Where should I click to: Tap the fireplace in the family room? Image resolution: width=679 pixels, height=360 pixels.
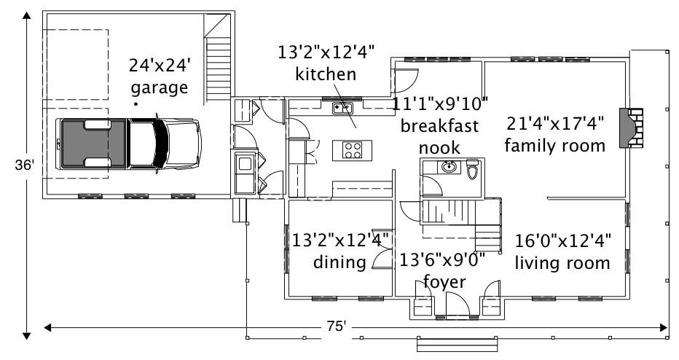click(x=632, y=128)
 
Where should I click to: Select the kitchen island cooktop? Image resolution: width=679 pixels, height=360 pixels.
click(x=353, y=150)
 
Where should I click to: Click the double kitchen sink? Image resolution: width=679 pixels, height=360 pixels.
click(x=343, y=109)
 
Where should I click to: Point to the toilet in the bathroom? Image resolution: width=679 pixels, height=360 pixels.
click(x=472, y=169)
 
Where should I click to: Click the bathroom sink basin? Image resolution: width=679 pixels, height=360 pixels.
click(x=449, y=167)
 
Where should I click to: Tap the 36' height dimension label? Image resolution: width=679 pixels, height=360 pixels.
click(x=25, y=165)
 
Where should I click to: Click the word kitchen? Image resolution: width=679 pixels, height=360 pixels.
click(x=326, y=74)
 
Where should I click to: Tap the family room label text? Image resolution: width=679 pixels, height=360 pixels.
click(x=555, y=146)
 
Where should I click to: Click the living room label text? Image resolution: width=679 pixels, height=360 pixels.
click(x=562, y=262)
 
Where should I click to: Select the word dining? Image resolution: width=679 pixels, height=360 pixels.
click(x=339, y=262)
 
